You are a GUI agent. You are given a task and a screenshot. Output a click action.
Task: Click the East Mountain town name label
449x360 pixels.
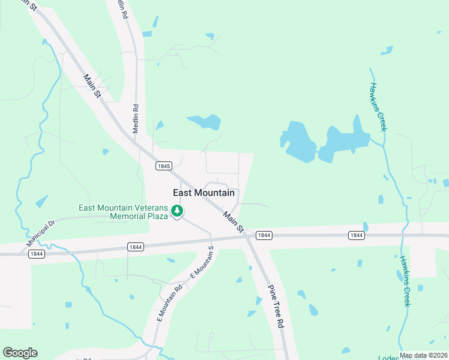203,193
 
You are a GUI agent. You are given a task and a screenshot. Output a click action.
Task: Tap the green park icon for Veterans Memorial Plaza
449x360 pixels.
177,211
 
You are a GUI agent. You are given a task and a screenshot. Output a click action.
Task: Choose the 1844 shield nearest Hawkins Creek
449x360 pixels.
356,235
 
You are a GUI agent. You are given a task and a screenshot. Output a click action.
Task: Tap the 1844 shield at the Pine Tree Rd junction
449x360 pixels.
264,235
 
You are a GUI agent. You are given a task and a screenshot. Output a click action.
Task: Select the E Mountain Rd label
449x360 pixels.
169,303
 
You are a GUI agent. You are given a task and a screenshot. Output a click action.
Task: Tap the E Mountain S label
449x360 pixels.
202,262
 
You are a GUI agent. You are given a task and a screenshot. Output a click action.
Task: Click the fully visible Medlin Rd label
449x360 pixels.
136,120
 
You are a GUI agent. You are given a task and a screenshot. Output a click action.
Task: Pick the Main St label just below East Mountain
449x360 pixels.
233,221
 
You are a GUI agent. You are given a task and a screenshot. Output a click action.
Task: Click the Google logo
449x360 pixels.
20,353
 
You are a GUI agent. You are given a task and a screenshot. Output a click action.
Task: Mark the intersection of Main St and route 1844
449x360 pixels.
246,235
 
